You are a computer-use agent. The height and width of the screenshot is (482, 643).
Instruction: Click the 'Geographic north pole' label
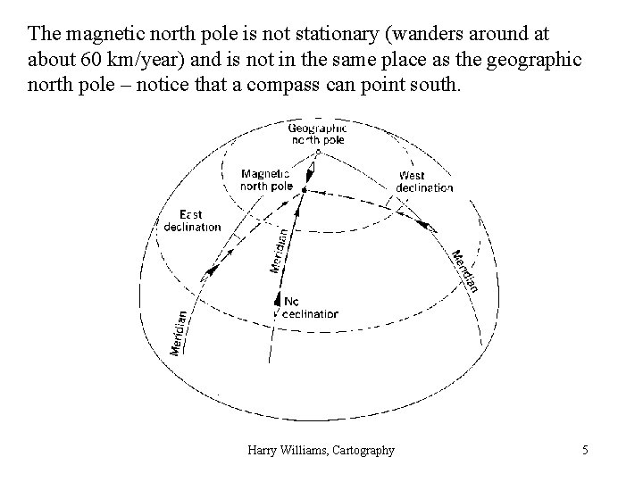point(316,133)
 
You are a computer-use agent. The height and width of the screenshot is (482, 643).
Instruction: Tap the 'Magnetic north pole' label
point(267,179)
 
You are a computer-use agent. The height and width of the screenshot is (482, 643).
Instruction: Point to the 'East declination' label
point(192,220)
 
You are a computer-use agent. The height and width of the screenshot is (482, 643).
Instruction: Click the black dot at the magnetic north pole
point(304,190)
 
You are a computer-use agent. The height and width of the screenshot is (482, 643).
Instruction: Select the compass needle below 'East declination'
point(211,270)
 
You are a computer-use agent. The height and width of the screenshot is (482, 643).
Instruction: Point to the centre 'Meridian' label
point(280,249)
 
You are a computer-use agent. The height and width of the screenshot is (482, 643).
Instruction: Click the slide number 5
point(585,451)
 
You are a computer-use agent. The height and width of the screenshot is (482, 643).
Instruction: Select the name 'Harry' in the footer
point(263,451)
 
